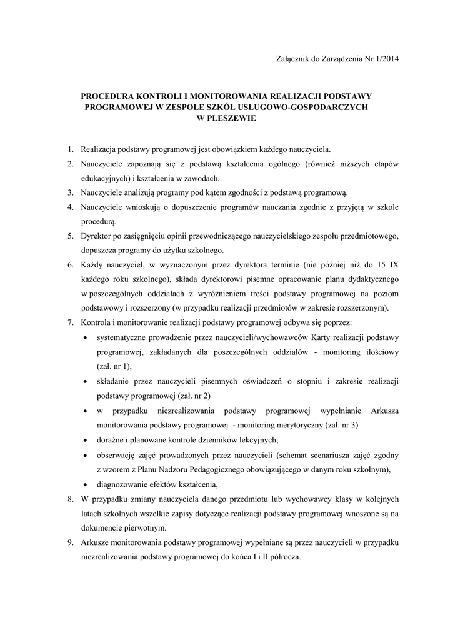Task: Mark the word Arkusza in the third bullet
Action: (385, 410)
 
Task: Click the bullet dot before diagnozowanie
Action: (85, 484)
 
